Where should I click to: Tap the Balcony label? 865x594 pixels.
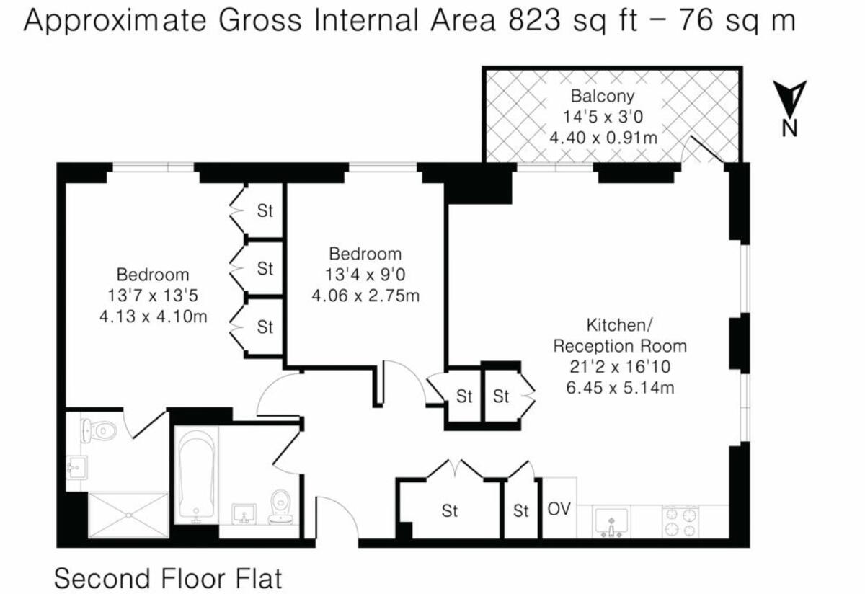603,95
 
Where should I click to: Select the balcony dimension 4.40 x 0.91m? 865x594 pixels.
603,136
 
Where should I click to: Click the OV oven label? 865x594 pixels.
559,508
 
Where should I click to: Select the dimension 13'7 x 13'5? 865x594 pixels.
153,295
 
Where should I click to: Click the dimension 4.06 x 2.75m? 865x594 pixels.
365,295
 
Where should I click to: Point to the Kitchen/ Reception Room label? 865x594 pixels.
620,336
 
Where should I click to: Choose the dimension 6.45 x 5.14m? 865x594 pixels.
620,387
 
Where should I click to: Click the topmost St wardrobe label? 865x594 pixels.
265,211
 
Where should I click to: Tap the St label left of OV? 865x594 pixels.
521,511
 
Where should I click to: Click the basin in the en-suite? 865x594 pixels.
75,469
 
